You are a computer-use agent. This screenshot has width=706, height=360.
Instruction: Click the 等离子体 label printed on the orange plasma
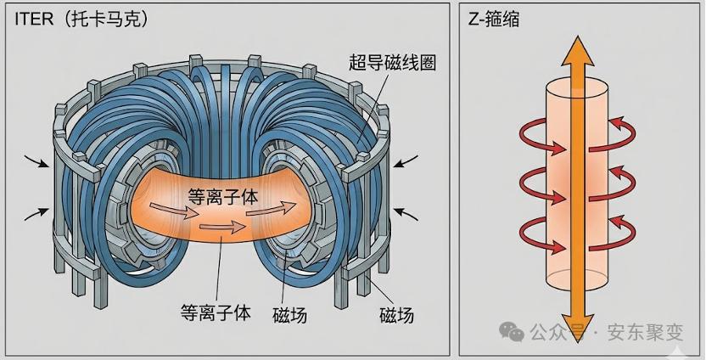222,197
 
